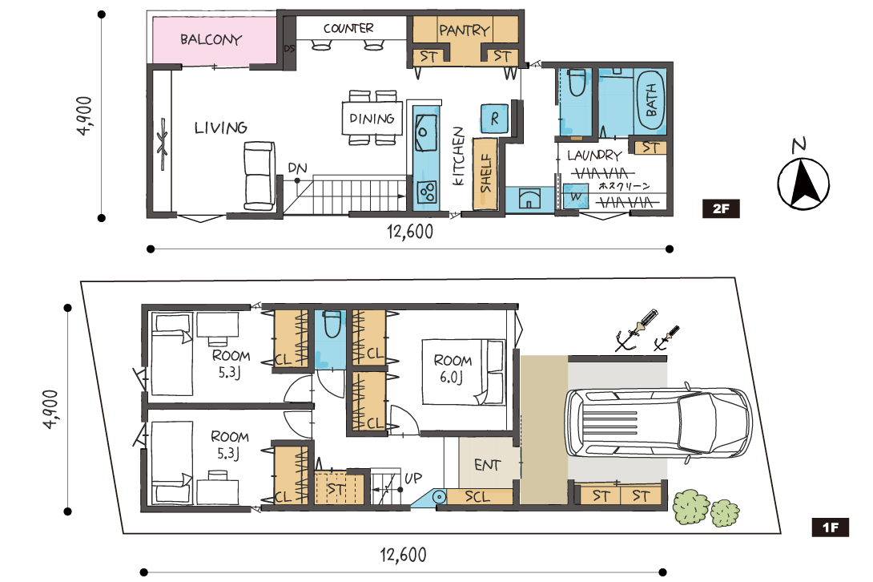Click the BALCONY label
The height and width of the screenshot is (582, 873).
point(211,39)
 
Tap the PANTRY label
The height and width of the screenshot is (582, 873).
point(465,30)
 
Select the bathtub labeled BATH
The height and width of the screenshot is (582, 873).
point(650,100)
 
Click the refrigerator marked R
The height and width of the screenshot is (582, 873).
point(494,119)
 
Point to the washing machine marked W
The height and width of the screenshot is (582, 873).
point(576,196)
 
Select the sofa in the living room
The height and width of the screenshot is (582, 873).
point(259,175)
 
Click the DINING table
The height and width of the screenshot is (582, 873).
point(372,118)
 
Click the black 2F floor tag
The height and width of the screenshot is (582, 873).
point(721,208)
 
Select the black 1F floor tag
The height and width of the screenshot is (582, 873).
point(830,527)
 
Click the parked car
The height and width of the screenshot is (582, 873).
point(658,422)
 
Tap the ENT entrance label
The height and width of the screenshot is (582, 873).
point(487,465)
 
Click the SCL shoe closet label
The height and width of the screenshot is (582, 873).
point(477,496)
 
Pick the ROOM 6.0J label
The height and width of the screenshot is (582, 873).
point(452,369)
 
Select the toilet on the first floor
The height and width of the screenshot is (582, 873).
point(332,325)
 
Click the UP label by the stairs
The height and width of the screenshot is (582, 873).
point(413,479)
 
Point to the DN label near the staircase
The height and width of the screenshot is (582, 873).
point(297,168)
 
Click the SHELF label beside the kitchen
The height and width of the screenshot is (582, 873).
point(485,173)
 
